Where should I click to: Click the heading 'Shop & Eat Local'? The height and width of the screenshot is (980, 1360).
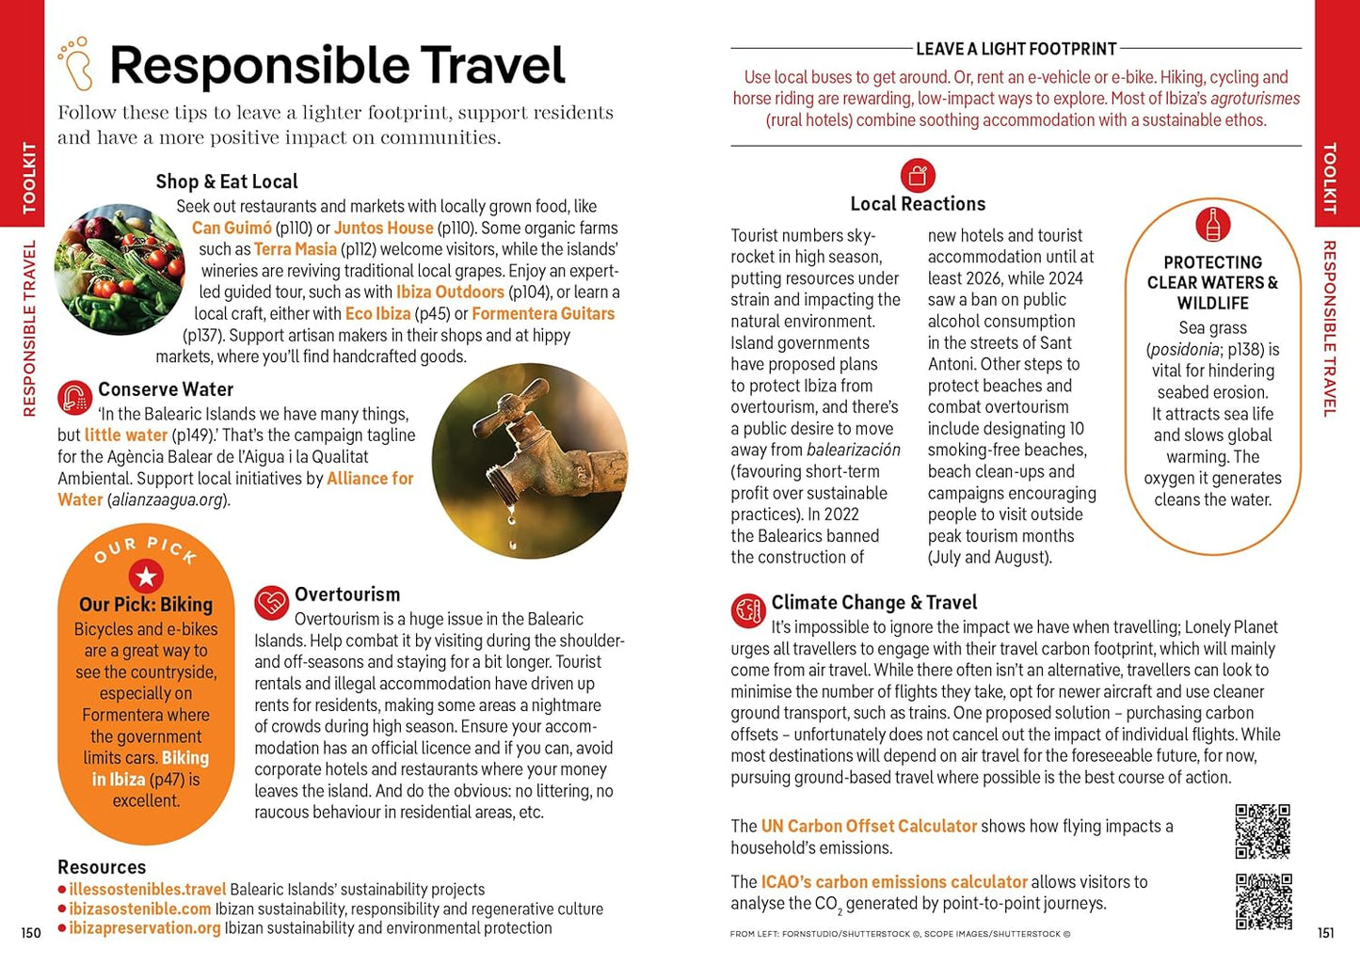[227, 182]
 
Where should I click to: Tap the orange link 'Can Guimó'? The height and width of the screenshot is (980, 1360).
[232, 228]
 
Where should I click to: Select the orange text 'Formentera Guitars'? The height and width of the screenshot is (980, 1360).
[543, 314]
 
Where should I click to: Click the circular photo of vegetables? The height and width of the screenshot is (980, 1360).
[119, 270]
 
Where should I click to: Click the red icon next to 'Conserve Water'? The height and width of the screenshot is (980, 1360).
[74, 397]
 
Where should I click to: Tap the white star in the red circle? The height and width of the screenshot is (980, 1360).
[146, 577]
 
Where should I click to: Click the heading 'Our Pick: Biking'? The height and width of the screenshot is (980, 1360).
[146, 605]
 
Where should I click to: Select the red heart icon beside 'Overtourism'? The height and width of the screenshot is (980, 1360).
[271, 603]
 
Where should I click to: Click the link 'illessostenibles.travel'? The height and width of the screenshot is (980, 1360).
[148, 890]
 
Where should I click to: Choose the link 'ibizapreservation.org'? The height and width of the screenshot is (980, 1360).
[145, 928]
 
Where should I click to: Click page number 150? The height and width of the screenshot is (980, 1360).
[31, 933]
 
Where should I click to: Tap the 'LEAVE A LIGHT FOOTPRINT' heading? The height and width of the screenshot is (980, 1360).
[1016, 49]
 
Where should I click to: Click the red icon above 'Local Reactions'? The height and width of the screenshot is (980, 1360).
[918, 175]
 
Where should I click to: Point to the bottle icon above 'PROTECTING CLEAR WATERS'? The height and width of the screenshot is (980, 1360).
[1212, 224]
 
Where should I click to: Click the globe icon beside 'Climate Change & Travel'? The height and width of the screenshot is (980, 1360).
[748, 610]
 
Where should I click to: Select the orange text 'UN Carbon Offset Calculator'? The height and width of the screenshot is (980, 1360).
[869, 827]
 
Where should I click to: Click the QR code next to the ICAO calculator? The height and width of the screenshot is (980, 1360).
[1263, 901]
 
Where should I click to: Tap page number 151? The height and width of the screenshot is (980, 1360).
[1325, 933]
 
